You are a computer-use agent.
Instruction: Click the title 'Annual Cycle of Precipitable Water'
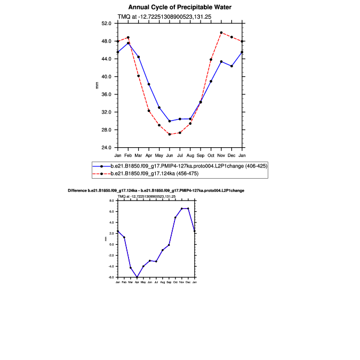(x=180, y=7)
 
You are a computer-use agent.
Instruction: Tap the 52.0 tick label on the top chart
(x=106, y=23)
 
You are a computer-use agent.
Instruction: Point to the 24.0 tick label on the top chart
(x=106, y=147)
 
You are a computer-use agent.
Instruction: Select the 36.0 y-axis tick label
(x=106, y=94)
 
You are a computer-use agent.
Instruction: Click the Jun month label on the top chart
(x=170, y=155)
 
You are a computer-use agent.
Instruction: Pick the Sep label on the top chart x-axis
(x=201, y=155)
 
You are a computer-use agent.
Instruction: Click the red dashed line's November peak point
(x=221, y=33)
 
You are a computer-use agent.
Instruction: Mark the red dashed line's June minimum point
(x=170, y=134)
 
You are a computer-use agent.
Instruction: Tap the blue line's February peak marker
(x=128, y=43)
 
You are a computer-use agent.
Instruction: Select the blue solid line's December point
(x=231, y=66)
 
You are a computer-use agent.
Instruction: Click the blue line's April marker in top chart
(x=149, y=84)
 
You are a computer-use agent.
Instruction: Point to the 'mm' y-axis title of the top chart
(x=97, y=85)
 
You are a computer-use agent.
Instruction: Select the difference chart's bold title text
(x=156, y=190)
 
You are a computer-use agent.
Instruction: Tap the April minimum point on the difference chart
(x=137, y=277)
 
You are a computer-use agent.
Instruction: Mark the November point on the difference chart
(x=182, y=209)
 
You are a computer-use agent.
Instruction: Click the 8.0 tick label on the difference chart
(x=113, y=201)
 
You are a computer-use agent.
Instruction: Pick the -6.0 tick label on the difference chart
(x=112, y=277)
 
